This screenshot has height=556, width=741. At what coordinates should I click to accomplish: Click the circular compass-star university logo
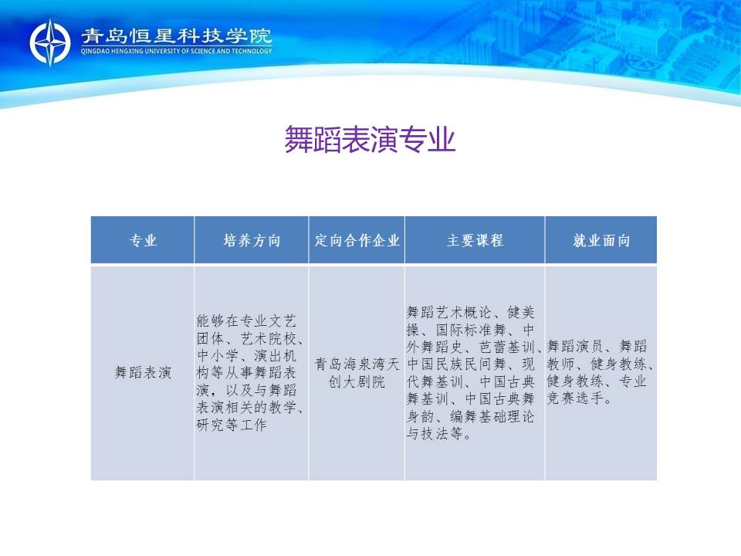[x=50, y=42]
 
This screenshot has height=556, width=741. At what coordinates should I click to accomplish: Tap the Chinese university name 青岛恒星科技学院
[x=176, y=36]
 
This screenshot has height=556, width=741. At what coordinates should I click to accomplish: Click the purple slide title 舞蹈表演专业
[x=370, y=140]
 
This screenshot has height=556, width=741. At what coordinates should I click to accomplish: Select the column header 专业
[x=143, y=240]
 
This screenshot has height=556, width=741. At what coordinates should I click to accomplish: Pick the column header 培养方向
[x=252, y=240]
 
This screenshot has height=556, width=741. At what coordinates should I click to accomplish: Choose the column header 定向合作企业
[x=357, y=240]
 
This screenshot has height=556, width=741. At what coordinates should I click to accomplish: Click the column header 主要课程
[x=475, y=240]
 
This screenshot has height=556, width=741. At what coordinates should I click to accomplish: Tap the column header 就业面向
[x=601, y=240]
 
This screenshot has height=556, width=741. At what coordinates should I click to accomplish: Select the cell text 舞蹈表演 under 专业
[x=143, y=372]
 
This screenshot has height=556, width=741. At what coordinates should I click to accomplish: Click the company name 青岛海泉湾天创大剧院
[x=357, y=372]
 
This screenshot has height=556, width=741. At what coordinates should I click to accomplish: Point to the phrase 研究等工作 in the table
[x=232, y=425]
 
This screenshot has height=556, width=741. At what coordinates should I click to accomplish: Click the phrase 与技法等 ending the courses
[x=435, y=433]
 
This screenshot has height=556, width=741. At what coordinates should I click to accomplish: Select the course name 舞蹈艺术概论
[x=449, y=312]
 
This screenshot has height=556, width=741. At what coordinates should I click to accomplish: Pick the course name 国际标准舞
[x=471, y=330]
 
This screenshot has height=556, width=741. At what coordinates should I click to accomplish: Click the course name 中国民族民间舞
[x=456, y=364]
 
